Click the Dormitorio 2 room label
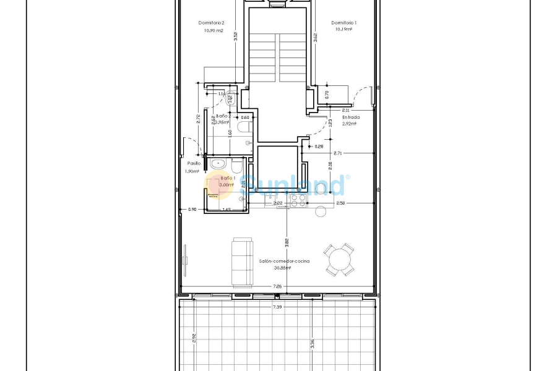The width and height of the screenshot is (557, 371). coord(211,23)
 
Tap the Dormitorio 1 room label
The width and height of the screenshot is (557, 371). coord(343,23)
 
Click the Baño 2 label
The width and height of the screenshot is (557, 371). coord(223,116)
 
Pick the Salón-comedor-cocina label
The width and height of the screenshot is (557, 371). coord(284,262)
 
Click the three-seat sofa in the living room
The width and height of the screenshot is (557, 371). coord(242,262)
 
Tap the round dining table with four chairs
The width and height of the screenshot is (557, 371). coord(340,259)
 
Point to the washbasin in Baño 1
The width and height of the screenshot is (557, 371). coord(218,164)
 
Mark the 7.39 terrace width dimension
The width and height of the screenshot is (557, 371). coord(278,307)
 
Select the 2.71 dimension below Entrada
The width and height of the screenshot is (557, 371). coord(337,153)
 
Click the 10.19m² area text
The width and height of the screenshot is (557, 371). coord(343,29)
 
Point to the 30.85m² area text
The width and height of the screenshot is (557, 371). coord(284,268)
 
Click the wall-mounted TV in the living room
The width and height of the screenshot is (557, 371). coord(185,255)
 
